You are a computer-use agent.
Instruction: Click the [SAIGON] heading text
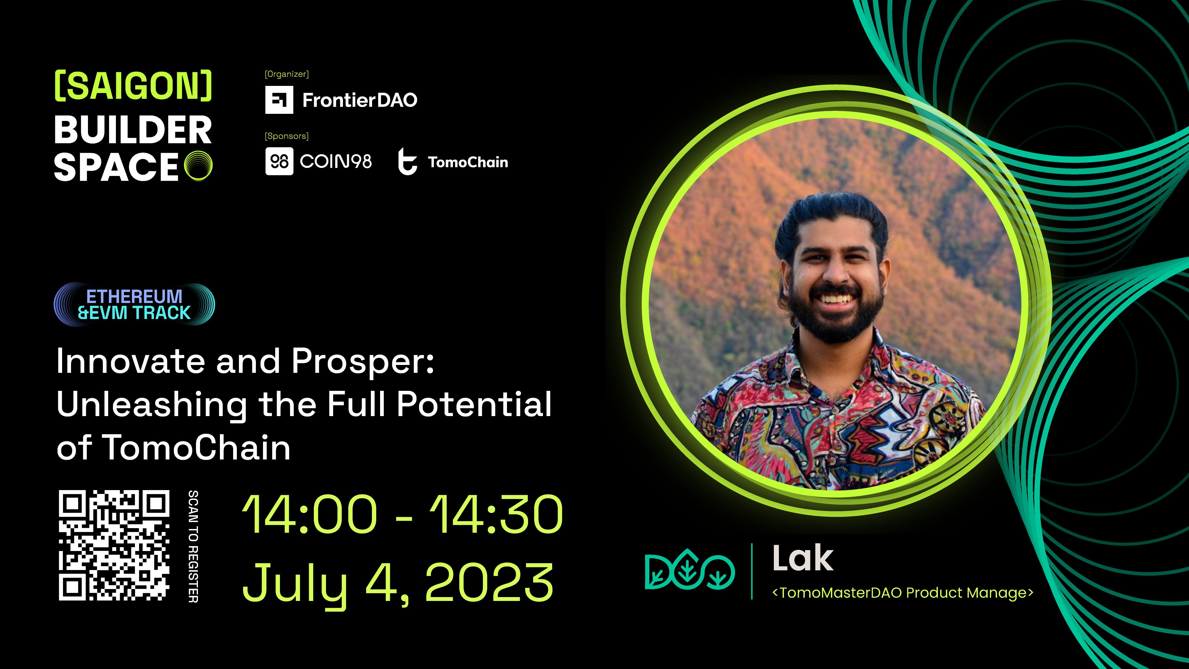tap(133, 86)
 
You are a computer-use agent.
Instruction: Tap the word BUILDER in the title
tap(133, 130)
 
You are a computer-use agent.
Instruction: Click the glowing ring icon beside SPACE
tap(199, 166)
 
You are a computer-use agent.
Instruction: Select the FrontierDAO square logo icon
tap(279, 100)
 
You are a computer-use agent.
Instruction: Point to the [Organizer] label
tap(287, 74)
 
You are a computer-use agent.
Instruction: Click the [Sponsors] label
tap(287, 136)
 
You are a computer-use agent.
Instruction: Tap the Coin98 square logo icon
tap(279, 161)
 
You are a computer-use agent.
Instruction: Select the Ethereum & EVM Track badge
tap(134, 304)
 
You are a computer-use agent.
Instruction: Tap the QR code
tap(114, 545)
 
